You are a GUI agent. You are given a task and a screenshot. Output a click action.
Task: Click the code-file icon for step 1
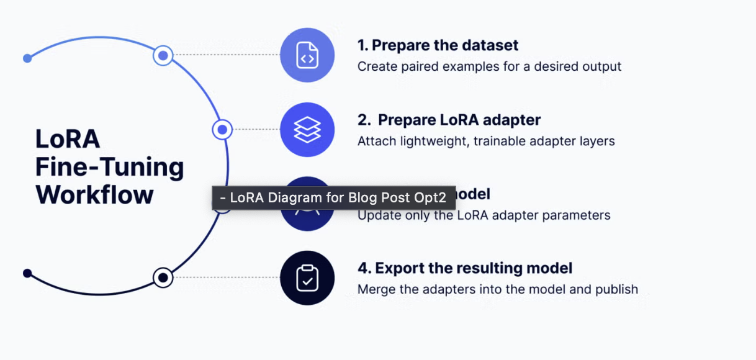pos(307,55)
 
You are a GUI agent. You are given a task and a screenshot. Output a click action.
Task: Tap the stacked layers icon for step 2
pos(307,130)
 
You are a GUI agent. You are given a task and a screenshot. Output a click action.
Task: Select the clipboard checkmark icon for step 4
pos(307,278)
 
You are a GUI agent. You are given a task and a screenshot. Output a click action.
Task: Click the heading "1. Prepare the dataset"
pos(438,45)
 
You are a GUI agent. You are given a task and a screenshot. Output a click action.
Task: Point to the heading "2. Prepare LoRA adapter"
pos(449,120)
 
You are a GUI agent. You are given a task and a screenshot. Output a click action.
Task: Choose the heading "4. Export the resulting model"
pos(465,268)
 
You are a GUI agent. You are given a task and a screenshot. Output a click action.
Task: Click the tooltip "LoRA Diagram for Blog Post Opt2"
pos(333,198)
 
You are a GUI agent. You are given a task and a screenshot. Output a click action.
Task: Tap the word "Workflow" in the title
pos(94,195)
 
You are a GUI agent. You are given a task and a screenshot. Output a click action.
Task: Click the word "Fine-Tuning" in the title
pos(109,167)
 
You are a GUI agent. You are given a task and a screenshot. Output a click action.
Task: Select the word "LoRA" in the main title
pos(68,139)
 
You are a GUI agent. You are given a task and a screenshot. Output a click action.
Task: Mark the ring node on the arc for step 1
pos(163,56)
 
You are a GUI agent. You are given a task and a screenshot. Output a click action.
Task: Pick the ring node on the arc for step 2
pos(222,130)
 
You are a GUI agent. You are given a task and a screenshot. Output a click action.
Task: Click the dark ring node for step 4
pos(163,277)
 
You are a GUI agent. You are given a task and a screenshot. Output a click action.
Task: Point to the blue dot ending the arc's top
pos(27,58)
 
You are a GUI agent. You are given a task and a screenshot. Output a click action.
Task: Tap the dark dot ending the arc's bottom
pos(27,273)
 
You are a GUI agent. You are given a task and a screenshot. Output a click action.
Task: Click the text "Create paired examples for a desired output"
pos(489,66)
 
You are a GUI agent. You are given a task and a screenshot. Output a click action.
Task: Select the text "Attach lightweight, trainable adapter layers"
pos(486,141)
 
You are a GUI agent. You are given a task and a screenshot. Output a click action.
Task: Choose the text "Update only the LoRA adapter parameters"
pos(484,215)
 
